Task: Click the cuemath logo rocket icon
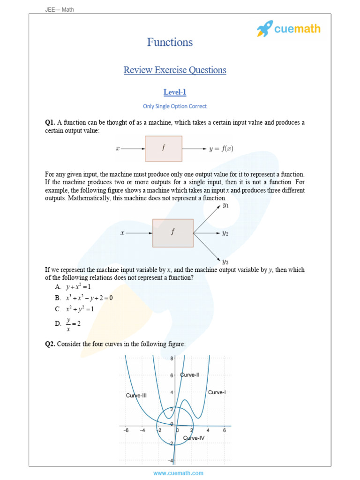click(265, 29)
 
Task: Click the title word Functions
click(170, 42)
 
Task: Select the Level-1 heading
click(174, 92)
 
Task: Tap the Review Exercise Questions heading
click(175, 70)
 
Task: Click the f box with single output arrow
click(164, 149)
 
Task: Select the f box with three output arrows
click(173, 232)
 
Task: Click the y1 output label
click(225, 205)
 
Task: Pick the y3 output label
click(225, 262)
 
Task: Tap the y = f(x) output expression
click(221, 149)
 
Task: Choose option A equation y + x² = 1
click(78, 287)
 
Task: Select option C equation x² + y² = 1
click(80, 309)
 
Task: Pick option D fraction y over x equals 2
click(74, 323)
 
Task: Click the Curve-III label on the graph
click(136, 396)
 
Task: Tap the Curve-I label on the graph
click(217, 392)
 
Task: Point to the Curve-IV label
click(194, 438)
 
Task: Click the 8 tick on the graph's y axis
click(172, 359)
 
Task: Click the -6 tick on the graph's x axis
click(126, 430)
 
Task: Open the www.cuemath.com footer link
click(178, 473)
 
